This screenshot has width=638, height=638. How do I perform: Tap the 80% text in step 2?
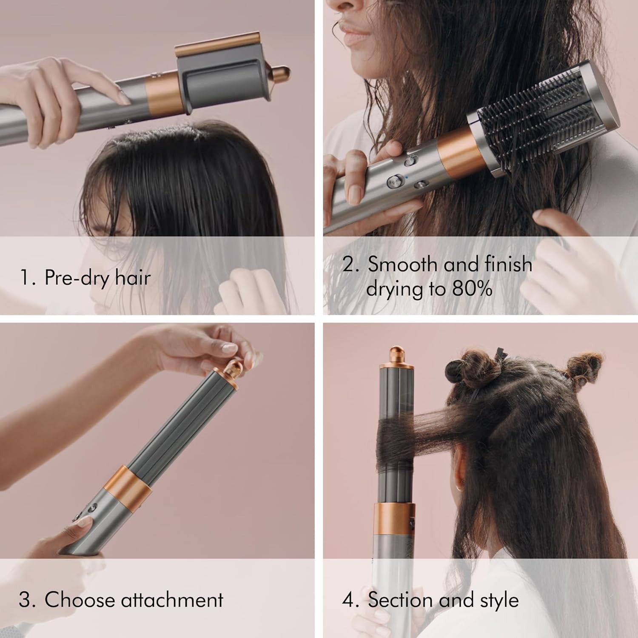point(472,289)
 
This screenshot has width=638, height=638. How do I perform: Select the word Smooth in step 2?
point(402,264)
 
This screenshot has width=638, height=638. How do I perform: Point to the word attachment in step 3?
point(172,600)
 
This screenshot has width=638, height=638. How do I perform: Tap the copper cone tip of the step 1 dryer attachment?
point(281,73)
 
